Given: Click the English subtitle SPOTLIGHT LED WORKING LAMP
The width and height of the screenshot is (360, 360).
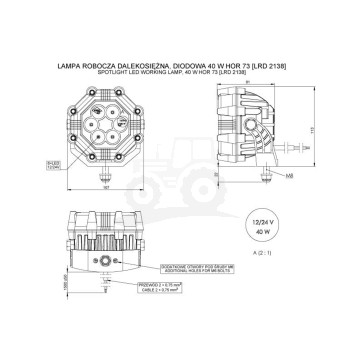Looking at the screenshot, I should click(179, 72).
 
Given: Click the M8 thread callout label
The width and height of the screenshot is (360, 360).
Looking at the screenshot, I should click(260, 177).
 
